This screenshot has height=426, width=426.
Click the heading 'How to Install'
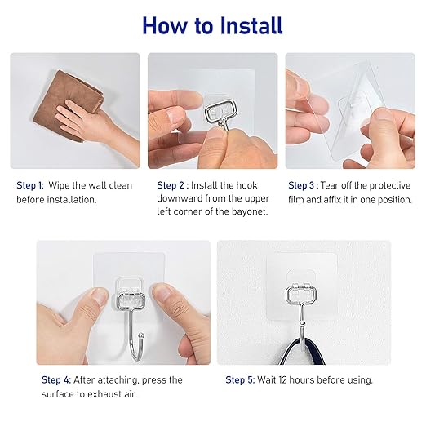(x=212, y=25)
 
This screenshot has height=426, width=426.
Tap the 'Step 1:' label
(x=30, y=185)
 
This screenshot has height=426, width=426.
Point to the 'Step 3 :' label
(x=302, y=185)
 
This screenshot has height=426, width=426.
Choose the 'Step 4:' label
(x=55, y=380)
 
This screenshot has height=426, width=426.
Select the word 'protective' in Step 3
(x=388, y=185)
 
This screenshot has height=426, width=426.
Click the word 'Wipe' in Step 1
(x=59, y=185)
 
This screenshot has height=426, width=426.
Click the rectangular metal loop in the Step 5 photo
(x=300, y=295)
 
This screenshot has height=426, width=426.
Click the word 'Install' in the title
(x=249, y=25)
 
